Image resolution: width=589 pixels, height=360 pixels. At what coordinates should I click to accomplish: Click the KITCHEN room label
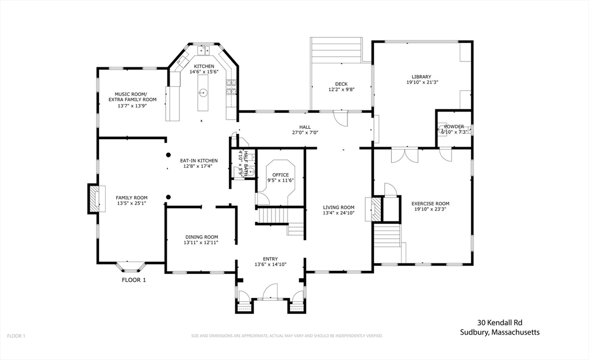204,66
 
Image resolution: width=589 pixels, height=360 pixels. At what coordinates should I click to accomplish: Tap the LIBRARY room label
421,76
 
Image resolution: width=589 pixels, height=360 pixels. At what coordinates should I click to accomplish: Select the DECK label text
342,84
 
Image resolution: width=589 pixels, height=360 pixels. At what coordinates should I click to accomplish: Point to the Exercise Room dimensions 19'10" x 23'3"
430,210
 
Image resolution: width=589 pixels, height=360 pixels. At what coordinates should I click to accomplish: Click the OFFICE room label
281,175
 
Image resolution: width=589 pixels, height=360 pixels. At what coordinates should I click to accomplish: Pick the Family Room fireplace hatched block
94,198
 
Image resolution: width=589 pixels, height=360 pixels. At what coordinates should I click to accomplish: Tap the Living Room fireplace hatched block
374,209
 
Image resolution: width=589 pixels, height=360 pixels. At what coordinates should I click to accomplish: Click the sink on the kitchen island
203,93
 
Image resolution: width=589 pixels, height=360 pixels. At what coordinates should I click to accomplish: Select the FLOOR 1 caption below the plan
134,280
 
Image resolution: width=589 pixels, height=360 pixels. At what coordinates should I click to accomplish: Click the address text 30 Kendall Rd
499,323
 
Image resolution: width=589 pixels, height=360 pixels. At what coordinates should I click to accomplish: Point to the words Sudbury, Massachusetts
499,332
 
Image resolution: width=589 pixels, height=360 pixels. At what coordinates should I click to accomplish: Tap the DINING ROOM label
201,236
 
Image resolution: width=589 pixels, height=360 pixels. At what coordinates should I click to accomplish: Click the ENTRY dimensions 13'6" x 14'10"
270,265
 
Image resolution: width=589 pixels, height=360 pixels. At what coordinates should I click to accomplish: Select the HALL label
305,127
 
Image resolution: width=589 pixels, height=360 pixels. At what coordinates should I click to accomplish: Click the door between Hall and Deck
342,119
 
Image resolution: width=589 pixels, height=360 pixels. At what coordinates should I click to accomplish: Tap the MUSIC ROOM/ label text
131,94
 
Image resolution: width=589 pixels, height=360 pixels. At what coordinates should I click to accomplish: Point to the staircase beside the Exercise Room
388,236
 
